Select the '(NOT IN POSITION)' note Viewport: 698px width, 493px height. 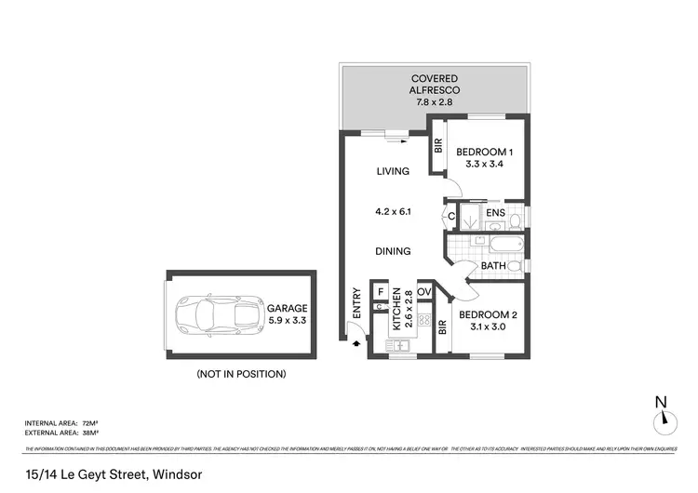(240, 374)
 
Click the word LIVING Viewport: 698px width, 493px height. (394, 171)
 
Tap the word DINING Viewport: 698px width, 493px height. (394, 251)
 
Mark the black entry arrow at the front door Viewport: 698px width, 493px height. (356, 343)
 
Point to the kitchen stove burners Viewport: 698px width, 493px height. (423, 322)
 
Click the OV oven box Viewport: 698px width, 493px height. (424, 291)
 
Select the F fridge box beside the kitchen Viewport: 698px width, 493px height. (381, 292)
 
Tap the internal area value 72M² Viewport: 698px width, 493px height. (89, 423)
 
